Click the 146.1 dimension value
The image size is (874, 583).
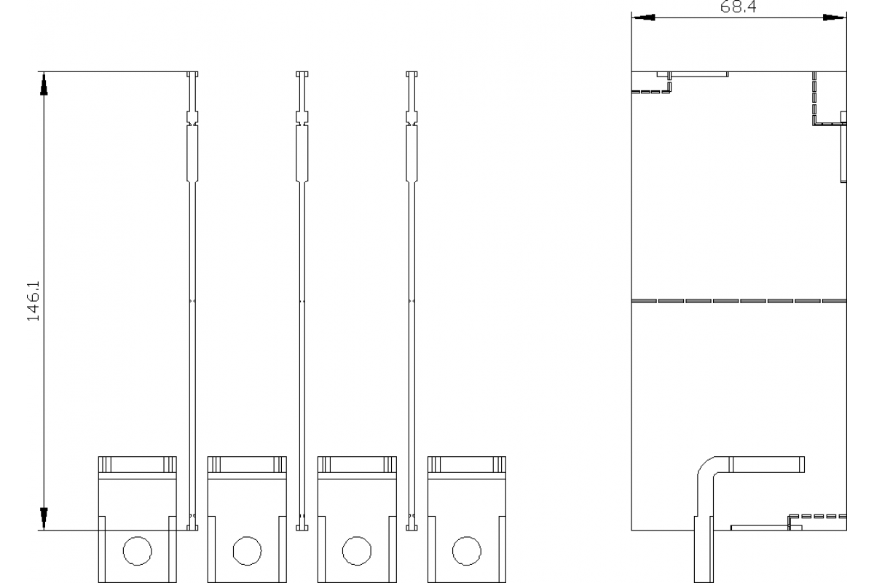34,301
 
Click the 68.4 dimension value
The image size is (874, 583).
738,7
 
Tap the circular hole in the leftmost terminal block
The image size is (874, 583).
138,551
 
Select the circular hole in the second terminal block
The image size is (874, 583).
248,551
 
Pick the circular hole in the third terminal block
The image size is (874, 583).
357,551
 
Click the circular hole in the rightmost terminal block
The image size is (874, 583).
467,551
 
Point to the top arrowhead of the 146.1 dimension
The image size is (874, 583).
44,84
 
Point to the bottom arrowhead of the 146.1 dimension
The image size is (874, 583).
44,519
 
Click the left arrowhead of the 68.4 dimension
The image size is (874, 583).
643,17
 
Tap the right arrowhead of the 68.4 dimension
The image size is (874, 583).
835,17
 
